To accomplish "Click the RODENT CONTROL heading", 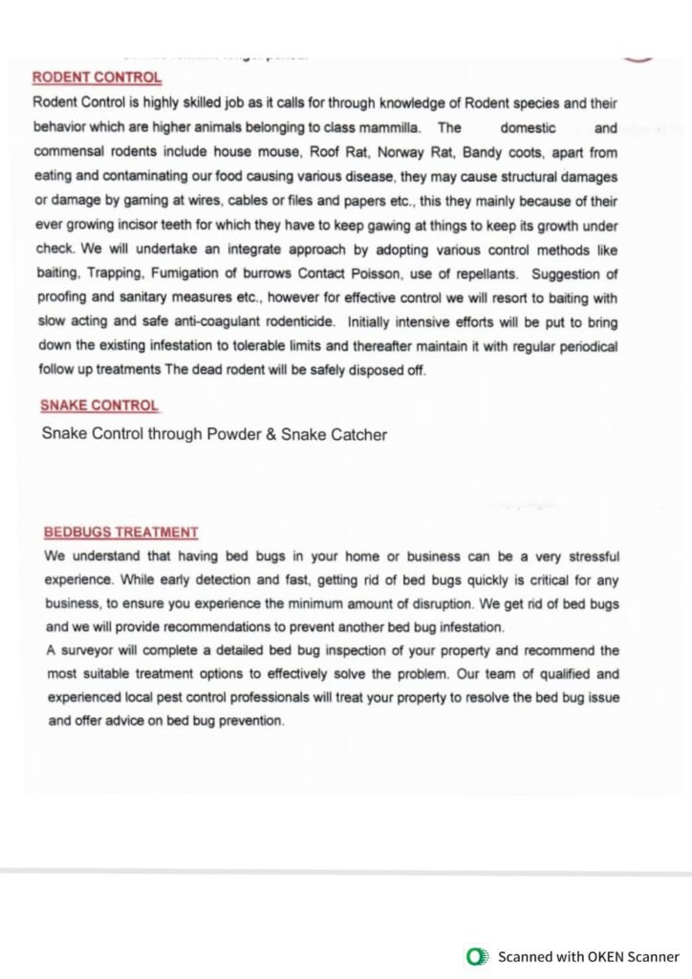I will coord(97,77).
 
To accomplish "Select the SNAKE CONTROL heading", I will coord(99,405).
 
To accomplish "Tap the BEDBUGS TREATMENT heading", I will coord(121,533).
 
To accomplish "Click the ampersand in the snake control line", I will coord(270,434).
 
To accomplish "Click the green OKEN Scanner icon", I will coord(475,955).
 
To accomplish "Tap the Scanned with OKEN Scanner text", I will coord(588,956).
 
